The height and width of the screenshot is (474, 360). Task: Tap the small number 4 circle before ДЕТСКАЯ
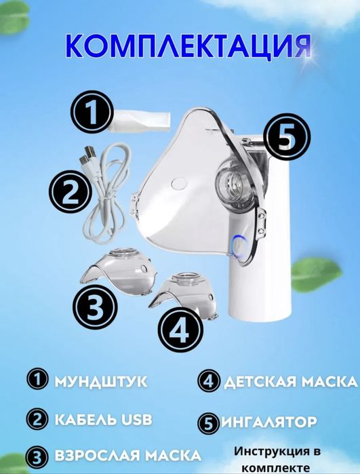point(207,380)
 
